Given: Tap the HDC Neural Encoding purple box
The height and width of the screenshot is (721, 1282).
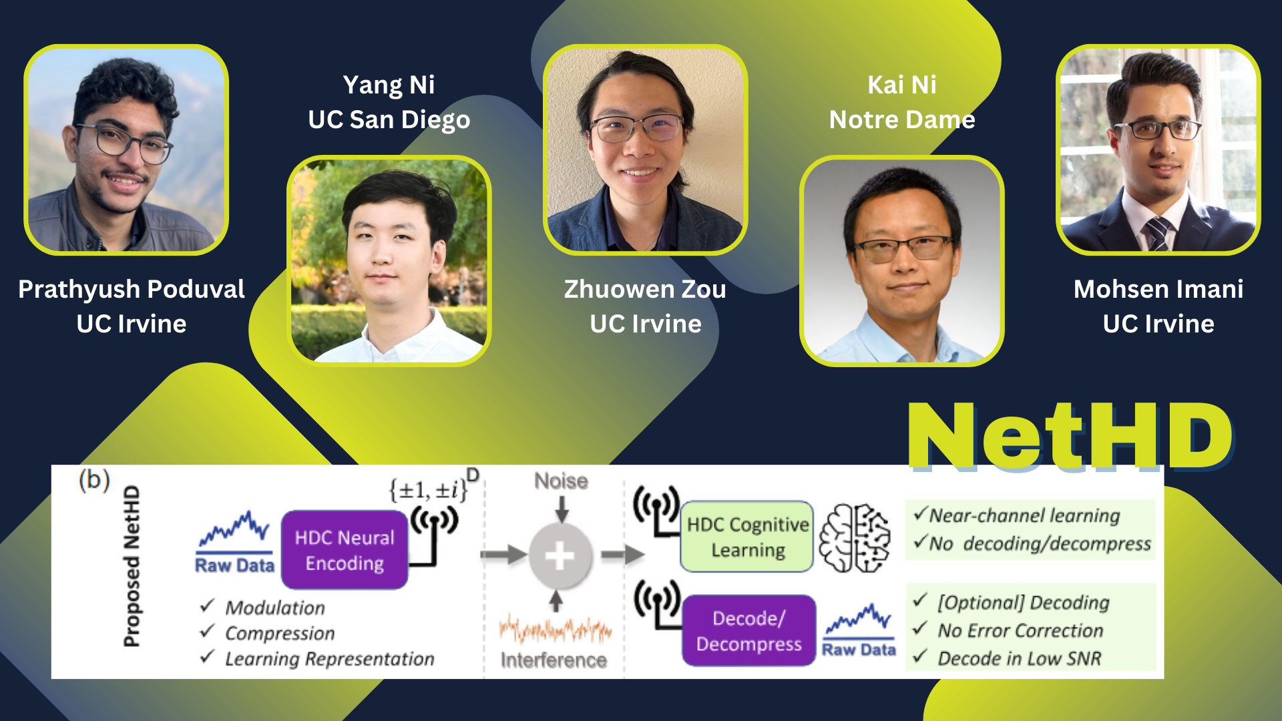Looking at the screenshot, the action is point(345,550).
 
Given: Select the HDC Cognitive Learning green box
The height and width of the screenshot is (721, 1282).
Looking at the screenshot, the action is point(747,537).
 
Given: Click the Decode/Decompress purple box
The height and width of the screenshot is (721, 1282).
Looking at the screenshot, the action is point(749,631).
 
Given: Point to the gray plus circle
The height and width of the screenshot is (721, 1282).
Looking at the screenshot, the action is point(560,555).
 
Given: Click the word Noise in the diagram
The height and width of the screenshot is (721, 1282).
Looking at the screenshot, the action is point(561,481).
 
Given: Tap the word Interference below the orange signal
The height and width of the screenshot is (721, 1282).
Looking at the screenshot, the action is point(554,660).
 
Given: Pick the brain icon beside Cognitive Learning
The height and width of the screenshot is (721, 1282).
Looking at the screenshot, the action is point(855,538).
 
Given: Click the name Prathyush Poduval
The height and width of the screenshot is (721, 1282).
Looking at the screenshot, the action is point(132,289).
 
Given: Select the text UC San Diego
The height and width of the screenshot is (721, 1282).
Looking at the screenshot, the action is point(389,120).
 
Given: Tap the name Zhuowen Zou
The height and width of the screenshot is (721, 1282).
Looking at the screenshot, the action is point(645,289).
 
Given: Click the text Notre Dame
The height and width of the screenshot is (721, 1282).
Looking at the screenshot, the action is point(902,120).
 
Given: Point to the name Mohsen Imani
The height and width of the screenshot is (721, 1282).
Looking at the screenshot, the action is point(1158,289).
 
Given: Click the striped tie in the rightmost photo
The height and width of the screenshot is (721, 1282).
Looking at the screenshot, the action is point(1158,234).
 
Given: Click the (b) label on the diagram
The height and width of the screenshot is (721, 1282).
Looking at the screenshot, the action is point(94,480).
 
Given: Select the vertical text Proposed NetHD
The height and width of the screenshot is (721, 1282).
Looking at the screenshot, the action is point(132,566).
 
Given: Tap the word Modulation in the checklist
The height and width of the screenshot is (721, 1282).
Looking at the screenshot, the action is point(275,608).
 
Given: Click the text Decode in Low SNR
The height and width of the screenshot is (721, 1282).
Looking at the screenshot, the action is point(1020,659).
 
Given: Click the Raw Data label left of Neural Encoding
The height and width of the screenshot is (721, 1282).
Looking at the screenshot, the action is point(235,565).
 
